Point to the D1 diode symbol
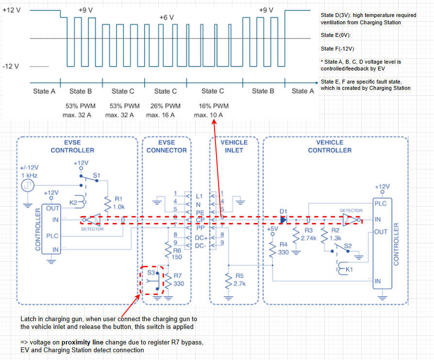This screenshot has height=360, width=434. click(284, 220)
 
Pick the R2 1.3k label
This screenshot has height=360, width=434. click(335, 235)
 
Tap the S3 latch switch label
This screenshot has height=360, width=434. click(151, 273)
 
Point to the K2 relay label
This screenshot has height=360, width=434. click(73, 203)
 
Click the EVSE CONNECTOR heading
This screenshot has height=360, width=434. click(166, 146)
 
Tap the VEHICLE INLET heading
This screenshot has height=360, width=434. click(234, 146)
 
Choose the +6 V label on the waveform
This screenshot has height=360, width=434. click(167, 17)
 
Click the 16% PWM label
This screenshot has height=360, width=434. click(213, 106)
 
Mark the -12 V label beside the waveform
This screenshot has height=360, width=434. click(11, 66)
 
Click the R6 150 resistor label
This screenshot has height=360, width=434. click(177, 253)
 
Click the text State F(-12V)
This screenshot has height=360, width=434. click(337, 49)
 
